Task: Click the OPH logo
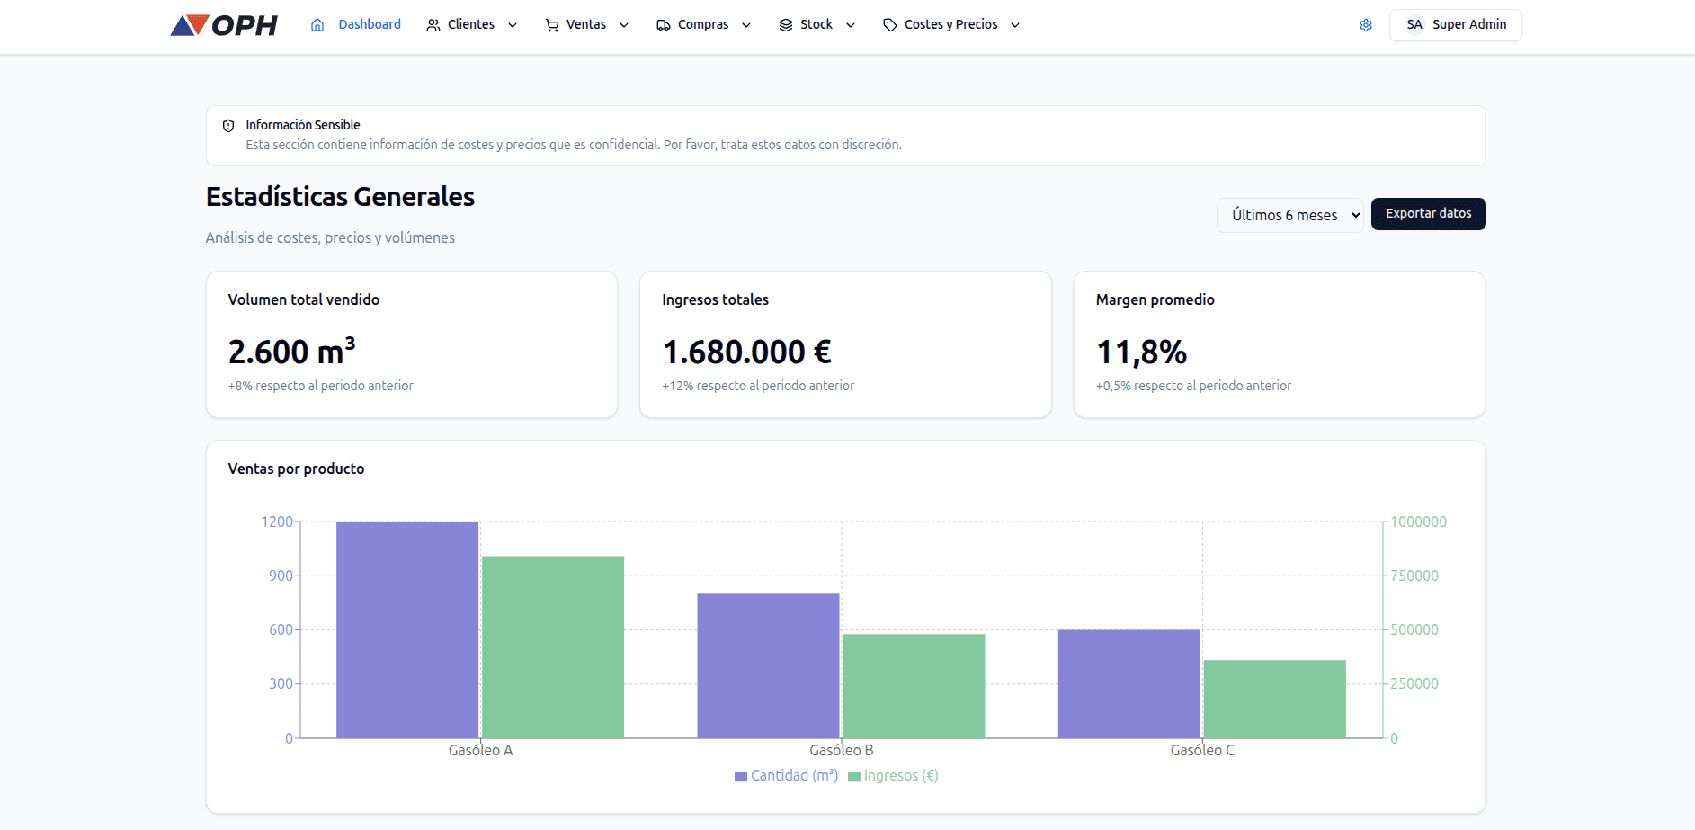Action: click(224, 25)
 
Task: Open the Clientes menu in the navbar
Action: click(471, 25)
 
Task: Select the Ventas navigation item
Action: click(586, 25)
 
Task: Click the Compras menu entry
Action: click(702, 25)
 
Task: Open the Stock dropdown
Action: click(816, 25)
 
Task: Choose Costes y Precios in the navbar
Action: click(950, 25)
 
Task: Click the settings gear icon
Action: click(1365, 25)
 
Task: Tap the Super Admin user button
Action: click(1455, 25)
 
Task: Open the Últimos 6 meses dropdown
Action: click(1289, 215)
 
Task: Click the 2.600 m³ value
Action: click(291, 352)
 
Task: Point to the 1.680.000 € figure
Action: click(746, 352)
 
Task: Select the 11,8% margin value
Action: click(1141, 352)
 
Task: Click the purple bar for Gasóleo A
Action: click(407, 629)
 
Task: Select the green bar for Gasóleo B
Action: click(914, 686)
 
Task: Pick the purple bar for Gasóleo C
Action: click(1129, 683)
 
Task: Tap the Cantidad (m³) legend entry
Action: click(786, 776)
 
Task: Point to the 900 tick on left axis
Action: click(281, 576)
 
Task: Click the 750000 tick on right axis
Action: click(1414, 576)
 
